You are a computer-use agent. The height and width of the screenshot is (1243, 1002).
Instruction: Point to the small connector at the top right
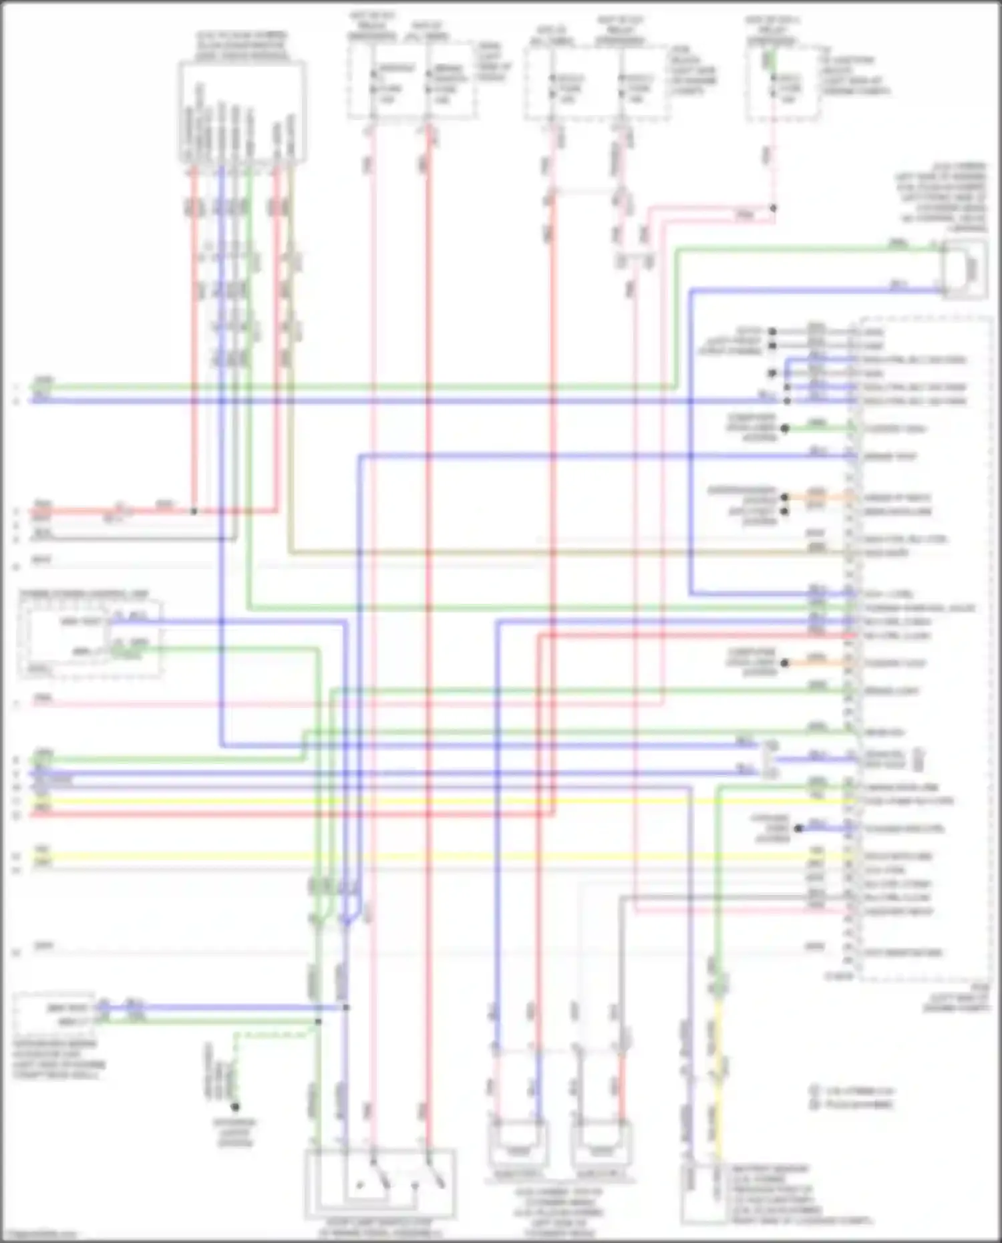[x=964, y=269]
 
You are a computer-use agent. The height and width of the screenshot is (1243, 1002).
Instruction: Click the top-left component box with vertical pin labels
[x=242, y=111]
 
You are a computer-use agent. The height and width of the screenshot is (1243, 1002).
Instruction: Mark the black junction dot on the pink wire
[x=773, y=208]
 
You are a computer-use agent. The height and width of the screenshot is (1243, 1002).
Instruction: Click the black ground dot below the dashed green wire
[x=235, y=1107]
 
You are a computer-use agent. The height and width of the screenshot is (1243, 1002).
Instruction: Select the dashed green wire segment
[x=274, y=1035]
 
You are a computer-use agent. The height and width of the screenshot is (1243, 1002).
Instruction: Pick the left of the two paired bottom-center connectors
[x=518, y=1144]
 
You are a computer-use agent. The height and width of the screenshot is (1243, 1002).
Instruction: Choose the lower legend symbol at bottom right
[x=814, y=1105]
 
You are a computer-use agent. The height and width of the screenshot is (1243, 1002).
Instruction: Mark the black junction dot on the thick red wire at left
[x=194, y=512]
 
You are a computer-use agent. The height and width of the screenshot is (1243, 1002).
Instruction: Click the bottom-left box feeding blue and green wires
[x=53, y=1014]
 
